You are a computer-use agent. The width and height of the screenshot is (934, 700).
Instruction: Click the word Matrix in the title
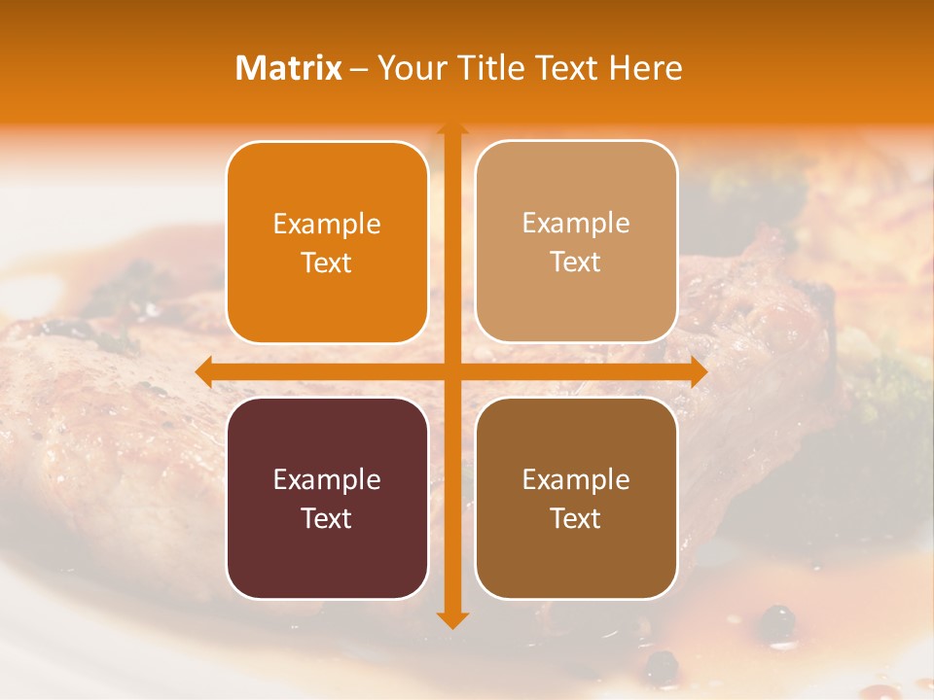coord(289,68)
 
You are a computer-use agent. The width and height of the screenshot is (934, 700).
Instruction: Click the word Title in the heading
coord(484,68)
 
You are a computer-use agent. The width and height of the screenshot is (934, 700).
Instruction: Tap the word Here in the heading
coord(645,68)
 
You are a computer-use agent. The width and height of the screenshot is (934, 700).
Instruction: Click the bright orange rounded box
coord(327,242)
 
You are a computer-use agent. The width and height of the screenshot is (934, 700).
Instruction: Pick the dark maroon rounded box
coord(327,498)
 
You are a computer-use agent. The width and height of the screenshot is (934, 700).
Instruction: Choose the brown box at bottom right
coord(576,498)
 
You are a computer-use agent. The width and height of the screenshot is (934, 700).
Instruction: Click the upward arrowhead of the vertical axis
coord(450,129)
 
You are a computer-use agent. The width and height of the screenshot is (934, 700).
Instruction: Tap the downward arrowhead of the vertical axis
coord(450,620)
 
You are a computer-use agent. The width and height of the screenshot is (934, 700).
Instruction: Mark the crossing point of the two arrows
coord(450,371)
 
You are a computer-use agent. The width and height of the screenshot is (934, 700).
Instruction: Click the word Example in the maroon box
coord(327,479)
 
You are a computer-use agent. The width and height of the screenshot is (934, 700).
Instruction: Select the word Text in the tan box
coord(576,262)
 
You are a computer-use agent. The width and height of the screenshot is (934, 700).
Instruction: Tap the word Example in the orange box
coord(327,224)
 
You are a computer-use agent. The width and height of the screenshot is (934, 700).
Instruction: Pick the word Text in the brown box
coord(576,518)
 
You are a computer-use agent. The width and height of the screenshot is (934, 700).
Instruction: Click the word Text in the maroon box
coord(327,518)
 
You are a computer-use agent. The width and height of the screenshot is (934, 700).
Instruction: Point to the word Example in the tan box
coord(576,223)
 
